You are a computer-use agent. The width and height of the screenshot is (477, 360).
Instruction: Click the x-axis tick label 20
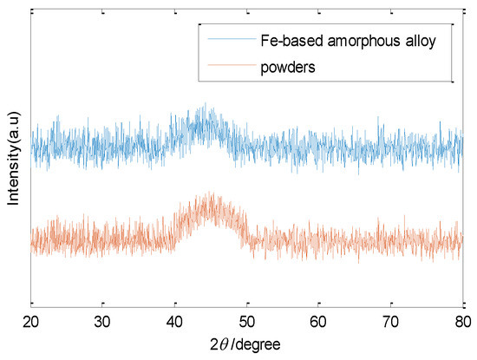click(31, 322)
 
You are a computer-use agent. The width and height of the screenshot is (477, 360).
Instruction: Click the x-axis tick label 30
click(102, 322)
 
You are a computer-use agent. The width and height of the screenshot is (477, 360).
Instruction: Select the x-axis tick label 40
click(174, 322)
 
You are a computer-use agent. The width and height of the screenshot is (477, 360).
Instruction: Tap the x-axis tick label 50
click(246, 322)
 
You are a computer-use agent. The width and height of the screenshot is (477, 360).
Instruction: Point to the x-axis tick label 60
click(318, 322)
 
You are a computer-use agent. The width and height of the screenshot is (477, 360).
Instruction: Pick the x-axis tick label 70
click(390, 322)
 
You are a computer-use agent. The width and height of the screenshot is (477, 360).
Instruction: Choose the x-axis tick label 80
click(461, 322)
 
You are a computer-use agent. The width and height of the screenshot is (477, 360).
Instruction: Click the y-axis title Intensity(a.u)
click(13, 160)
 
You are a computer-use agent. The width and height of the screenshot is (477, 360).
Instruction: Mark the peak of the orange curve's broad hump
click(209, 194)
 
